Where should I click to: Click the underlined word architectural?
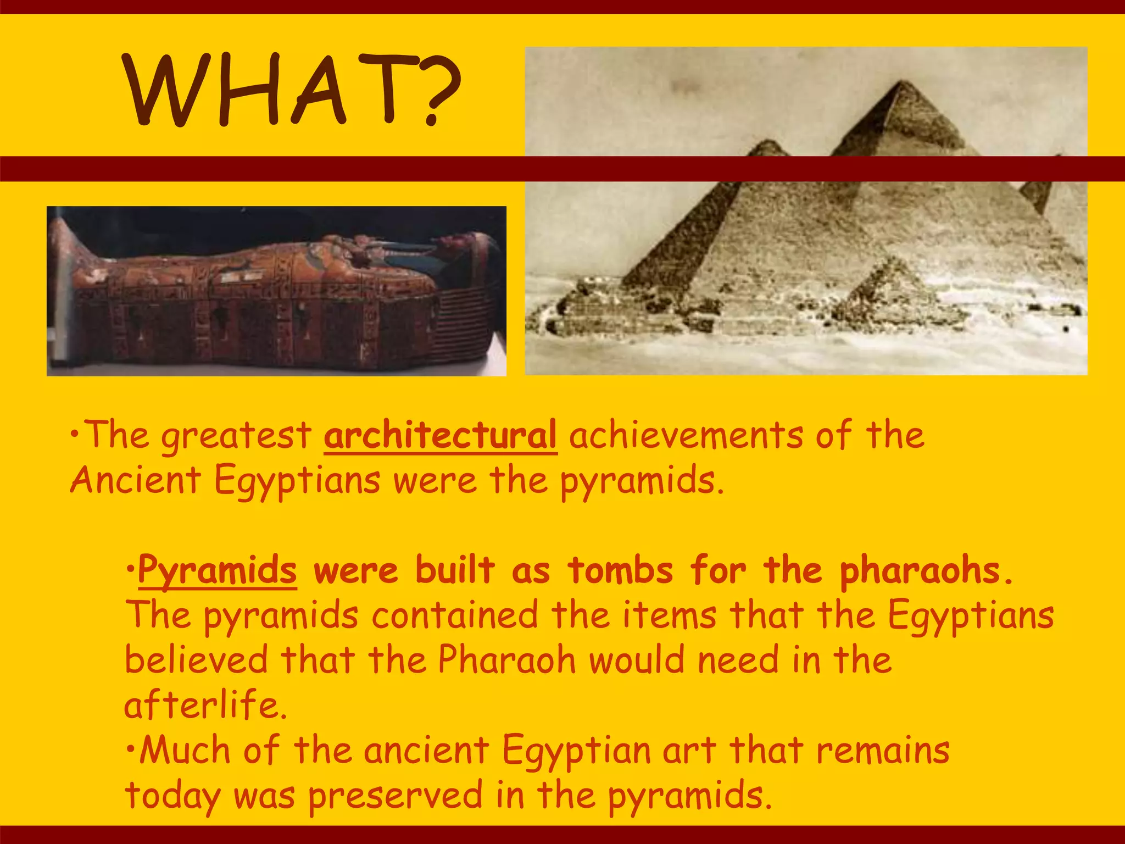coord(440,435)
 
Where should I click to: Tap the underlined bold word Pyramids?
coord(217,570)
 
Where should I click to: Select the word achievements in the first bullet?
coord(685,435)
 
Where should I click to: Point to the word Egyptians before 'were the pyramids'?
coord(297,480)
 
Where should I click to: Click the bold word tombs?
coord(620,570)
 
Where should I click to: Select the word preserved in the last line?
coord(395,795)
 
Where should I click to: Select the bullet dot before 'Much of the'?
coord(130,749)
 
